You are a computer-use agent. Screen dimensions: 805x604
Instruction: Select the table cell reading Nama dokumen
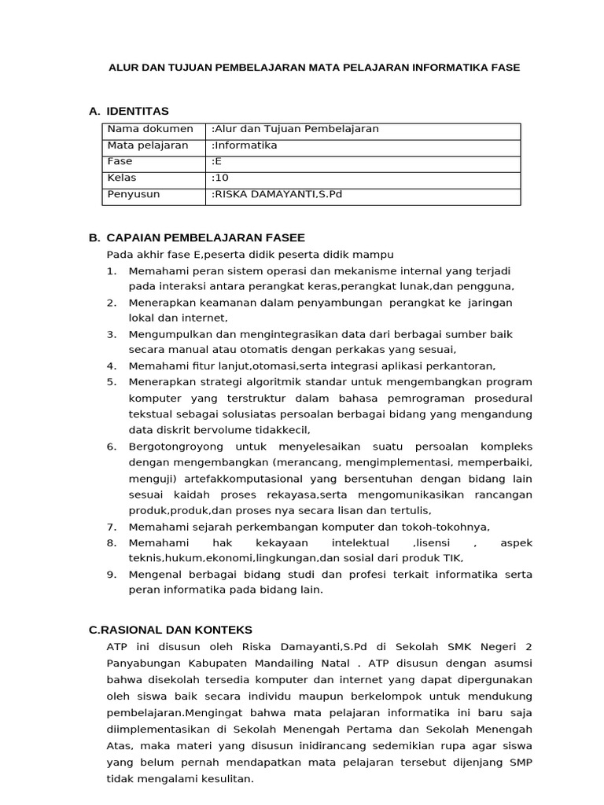(150, 129)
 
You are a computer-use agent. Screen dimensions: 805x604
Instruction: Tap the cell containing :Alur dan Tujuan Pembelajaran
(295, 129)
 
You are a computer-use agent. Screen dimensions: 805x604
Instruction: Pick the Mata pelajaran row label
(148, 145)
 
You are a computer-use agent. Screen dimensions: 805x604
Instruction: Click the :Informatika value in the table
(245, 145)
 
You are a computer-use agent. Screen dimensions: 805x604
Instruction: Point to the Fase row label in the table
(120, 161)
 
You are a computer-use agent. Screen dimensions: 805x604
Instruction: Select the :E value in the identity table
(217, 161)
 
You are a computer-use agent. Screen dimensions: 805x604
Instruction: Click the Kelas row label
(122, 178)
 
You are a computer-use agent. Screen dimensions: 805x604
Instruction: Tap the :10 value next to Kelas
(219, 178)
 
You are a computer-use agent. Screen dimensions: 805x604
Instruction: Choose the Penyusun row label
(134, 194)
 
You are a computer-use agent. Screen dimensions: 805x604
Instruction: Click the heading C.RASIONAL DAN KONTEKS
(171, 630)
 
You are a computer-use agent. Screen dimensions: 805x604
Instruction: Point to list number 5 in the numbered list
(112, 382)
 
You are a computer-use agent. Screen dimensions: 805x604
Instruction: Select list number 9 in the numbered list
(112, 575)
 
